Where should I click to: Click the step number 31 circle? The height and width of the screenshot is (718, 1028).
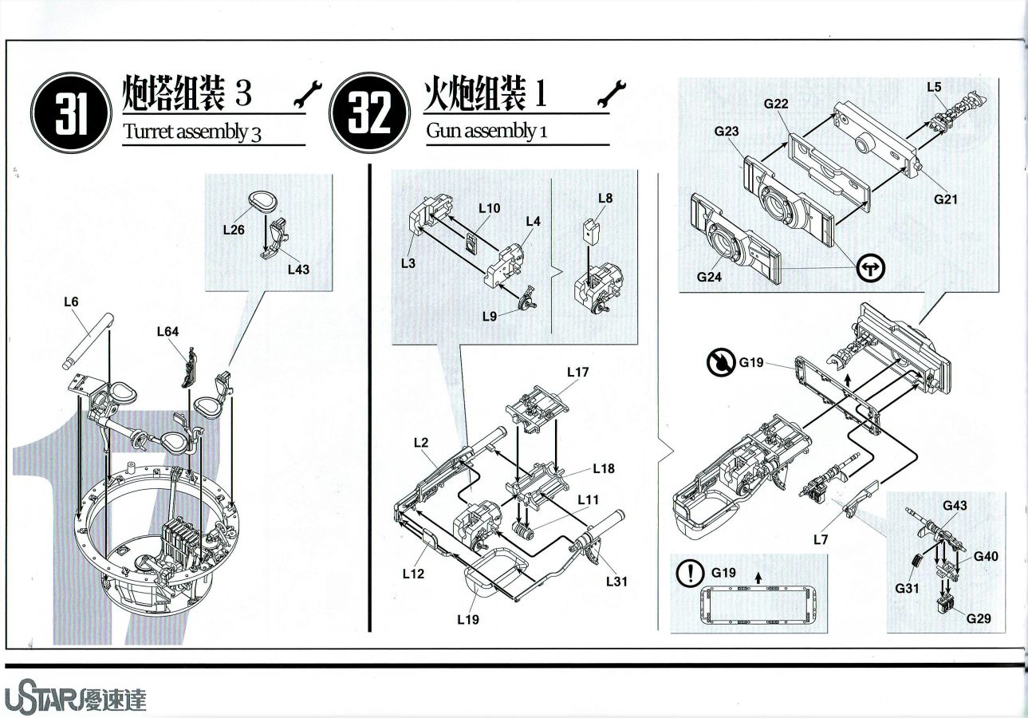pyautogui.click(x=70, y=112)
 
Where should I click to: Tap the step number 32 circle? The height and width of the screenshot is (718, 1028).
pyautogui.click(x=370, y=112)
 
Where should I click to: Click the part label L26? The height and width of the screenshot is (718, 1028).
pyautogui.click(x=234, y=230)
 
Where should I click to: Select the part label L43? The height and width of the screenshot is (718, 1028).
pyautogui.click(x=298, y=270)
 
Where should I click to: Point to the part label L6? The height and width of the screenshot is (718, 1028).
pyautogui.click(x=71, y=302)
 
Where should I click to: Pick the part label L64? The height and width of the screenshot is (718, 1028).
pyautogui.click(x=168, y=331)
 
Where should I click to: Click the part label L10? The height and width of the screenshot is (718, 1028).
pyautogui.click(x=489, y=208)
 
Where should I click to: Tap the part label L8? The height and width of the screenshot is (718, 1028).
pyautogui.click(x=605, y=198)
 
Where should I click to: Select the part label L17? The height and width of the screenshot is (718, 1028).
pyautogui.click(x=578, y=372)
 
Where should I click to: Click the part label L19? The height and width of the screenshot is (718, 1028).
pyautogui.click(x=468, y=619)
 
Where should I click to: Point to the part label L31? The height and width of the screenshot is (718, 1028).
pyautogui.click(x=616, y=582)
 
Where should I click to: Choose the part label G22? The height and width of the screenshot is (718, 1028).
pyautogui.click(x=776, y=104)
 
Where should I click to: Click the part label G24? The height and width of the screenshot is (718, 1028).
pyautogui.click(x=709, y=277)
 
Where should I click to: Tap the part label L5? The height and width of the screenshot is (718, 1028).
pyautogui.click(x=934, y=87)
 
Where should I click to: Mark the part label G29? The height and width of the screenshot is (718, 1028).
pyautogui.click(x=978, y=618)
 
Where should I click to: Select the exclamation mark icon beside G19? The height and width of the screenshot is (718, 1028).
pyautogui.click(x=690, y=573)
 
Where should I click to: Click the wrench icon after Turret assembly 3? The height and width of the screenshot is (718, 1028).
pyautogui.click(x=308, y=94)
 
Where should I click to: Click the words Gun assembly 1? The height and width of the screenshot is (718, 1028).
pyautogui.click(x=486, y=131)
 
